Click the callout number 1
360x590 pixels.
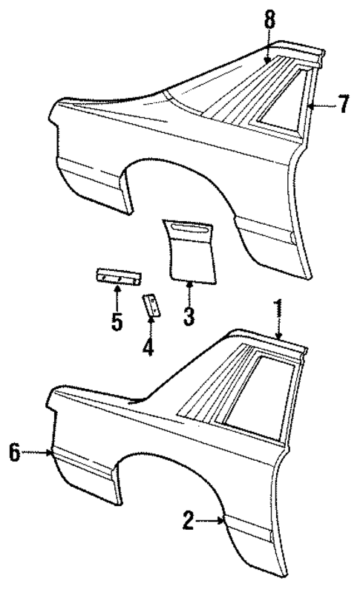pyautogui.click(x=279, y=307)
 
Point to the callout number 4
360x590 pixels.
pyautogui.click(x=148, y=346)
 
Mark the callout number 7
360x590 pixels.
pyautogui.click(x=343, y=105)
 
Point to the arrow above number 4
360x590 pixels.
pyautogui.click(x=150, y=325)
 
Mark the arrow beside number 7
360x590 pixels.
pyautogui.click(x=321, y=105)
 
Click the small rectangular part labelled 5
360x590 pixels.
pyautogui.click(x=117, y=276)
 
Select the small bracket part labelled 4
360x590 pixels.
pyautogui.click(x=151, y=304)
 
